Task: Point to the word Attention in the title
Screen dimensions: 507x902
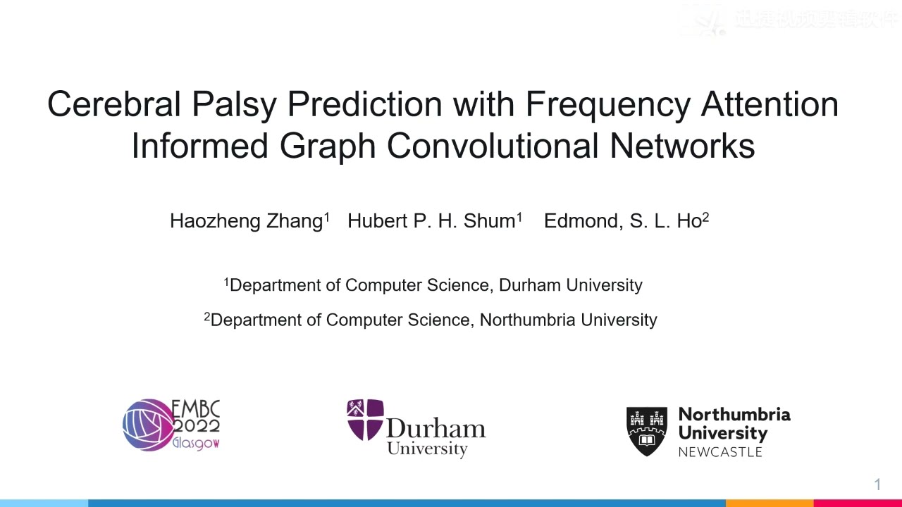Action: click(770, 104)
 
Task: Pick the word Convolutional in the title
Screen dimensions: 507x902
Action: click(493, 146)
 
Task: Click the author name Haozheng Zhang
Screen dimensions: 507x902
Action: click(247, 221)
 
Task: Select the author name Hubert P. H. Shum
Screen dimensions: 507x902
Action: click(431, 221)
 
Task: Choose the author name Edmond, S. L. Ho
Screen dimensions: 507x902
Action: click(623, 221)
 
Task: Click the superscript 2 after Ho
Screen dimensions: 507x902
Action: click(705, 217)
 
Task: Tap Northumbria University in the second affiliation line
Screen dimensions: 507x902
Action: click(568, 320)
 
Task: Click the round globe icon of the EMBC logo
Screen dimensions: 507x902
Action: click(147, 425)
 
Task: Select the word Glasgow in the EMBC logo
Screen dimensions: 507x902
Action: click(197, 444)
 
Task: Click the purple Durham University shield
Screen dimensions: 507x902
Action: click(365, 419)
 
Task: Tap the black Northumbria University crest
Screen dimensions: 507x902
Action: click(646, 430)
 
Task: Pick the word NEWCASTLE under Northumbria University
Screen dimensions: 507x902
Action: click(720, 451)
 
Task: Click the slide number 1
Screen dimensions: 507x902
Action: click(877, 484)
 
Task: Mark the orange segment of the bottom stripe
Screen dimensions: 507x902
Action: click(770, 503)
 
